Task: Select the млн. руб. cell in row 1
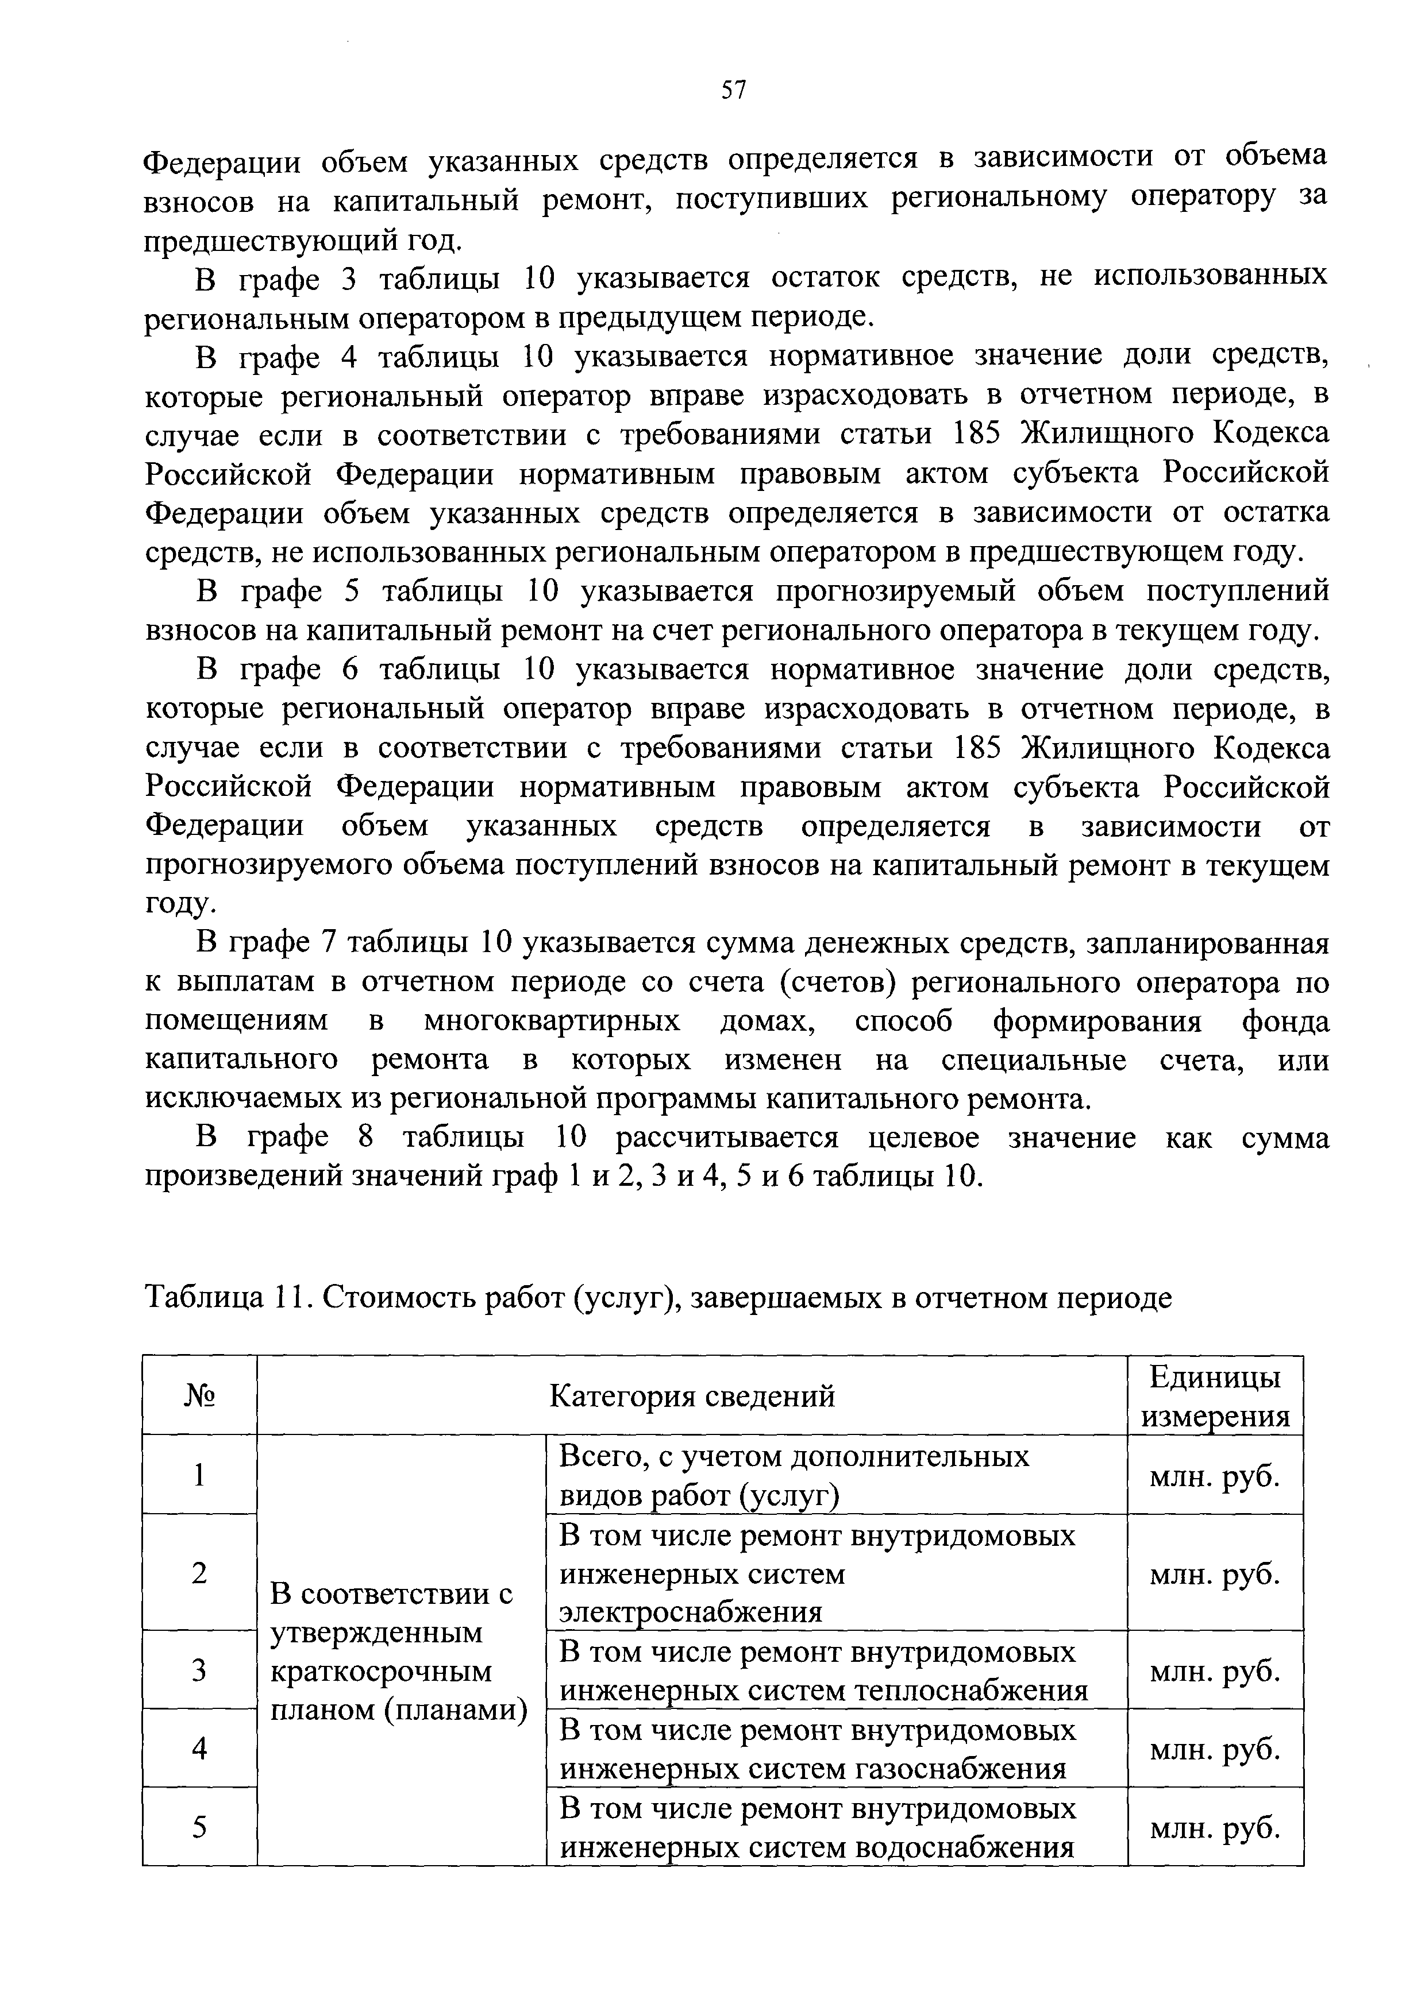click(x=1214, y=1477)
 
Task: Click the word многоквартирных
click(x=552, y=1022)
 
